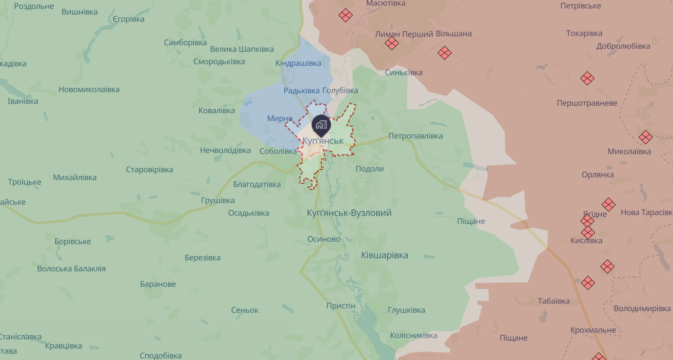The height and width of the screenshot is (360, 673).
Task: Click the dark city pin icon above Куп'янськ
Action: [321, 125]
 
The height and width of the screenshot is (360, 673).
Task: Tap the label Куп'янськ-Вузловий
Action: [349, 213]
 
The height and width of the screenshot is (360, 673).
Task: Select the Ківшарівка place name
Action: [384, 255]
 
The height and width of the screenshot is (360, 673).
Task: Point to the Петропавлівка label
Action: [415, 136]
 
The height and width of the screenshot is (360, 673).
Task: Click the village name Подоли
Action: [370, 169]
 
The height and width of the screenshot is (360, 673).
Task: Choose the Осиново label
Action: [324, 239]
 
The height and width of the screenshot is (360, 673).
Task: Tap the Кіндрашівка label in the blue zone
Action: [298, 63]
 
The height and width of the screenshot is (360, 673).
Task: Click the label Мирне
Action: [280, 118]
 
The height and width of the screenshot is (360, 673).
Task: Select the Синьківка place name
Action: [404, 73]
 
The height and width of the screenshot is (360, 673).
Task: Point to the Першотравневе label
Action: [587, 103]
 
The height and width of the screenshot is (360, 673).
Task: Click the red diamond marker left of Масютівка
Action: [345, 15]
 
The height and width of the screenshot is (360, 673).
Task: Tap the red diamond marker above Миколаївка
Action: [645, 137]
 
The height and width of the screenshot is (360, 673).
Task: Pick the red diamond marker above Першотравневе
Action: [587, 78]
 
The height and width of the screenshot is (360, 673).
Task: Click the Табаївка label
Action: [554, 301]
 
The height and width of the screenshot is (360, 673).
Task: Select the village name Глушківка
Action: [406, 310]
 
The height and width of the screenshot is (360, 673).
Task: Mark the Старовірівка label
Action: [149, 170]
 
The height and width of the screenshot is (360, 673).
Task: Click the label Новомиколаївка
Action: [89, 90]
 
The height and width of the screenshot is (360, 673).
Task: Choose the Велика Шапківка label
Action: [242, 49]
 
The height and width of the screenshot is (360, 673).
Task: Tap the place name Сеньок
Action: [245, 310]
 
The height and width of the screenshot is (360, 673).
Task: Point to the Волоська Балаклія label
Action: [71, 269]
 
